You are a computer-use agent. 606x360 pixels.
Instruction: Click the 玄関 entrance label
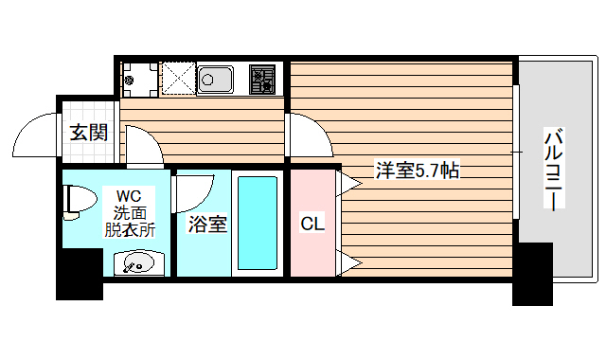[x=88, y=131]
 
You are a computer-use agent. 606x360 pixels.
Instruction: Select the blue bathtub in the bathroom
[x=257, y=224]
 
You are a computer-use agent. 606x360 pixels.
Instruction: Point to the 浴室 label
[x=206, y=225]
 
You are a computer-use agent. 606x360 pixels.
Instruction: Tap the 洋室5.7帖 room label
[x=418, y=171]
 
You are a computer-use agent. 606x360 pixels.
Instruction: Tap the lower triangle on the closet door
[x=348, y=261]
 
